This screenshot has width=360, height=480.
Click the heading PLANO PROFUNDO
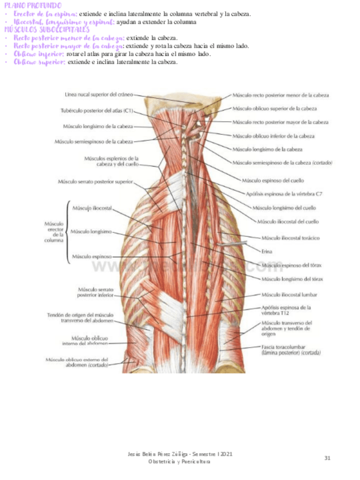[x=32, y=5]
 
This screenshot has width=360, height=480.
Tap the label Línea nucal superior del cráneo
[x=100, y=95]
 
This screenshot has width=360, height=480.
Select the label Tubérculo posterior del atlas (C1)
[x=105, y=110]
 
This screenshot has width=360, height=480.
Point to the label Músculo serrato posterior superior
[x=95, y=182]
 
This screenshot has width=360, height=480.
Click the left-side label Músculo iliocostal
[x=92, y=208]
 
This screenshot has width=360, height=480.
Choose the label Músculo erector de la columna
[x=54, y=232]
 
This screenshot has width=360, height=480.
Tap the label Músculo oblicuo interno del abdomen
[x=86, y=341]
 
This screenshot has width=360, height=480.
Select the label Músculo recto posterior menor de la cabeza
[x=281, y=96]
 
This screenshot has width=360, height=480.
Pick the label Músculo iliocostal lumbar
[x=289, y=295]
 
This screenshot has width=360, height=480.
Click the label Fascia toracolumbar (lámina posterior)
[x=291, y=349]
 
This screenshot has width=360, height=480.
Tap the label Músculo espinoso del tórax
[x=292, y=265]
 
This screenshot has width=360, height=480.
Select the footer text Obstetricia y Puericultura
[x=179, y=462]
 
